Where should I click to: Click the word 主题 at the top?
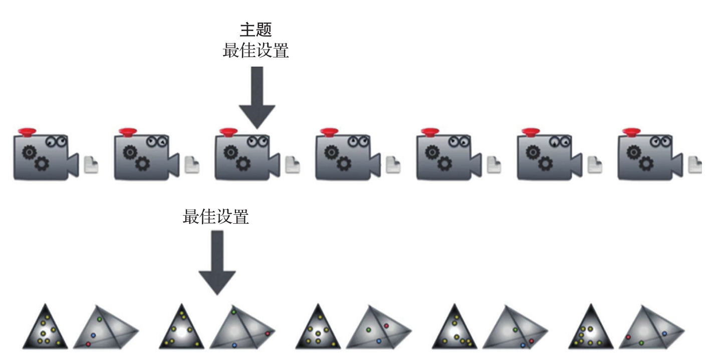click(x=256, y=30)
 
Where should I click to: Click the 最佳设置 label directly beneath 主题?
click(x=256, y=51)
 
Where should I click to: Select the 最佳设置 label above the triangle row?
click(x=216, y=216)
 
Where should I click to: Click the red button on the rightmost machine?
click(x=631, y=132)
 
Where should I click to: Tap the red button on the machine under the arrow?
click(x=228, y=132)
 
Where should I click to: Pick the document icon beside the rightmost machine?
click(x=695, y=165)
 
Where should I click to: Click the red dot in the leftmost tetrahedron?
click(x=89, y=344)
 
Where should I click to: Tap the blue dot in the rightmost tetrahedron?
click(x=664, y=333)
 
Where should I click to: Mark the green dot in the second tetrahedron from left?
click(x=234, y=312)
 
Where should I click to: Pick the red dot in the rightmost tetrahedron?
click(x=628, y=337)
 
